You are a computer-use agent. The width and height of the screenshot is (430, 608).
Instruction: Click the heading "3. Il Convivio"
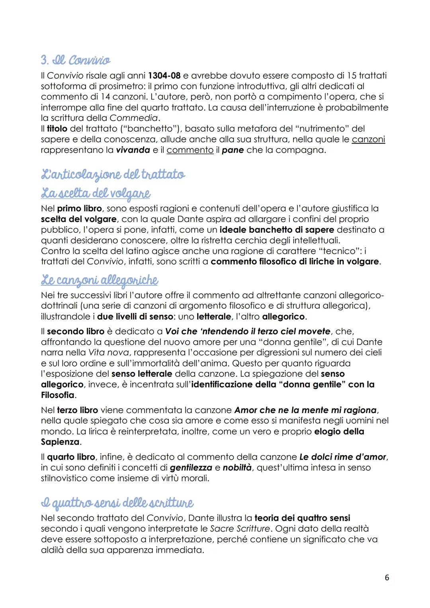click(76, 60)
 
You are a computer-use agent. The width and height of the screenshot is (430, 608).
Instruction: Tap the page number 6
click(387, 577)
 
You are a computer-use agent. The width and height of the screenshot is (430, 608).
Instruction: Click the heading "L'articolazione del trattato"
click(113, 174)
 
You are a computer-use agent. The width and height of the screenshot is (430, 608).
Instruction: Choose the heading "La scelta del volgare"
click(96, 193)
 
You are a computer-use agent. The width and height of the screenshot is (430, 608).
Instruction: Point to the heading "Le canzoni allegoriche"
click(100, 280)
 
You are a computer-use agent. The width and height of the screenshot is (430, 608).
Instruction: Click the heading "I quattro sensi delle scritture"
click(117, 503)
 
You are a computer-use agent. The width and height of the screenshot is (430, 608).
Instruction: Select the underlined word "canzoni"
click(368, 139)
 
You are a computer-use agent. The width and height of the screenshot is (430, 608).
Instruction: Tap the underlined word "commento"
click(190, 150)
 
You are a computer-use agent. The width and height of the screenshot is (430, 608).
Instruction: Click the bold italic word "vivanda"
click(133, 150)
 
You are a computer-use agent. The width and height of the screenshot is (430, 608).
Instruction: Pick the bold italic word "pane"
click(233, 150)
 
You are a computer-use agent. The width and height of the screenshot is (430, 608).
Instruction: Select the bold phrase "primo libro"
click(80, 209)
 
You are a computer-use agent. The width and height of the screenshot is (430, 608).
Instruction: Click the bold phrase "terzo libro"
click(78, 410)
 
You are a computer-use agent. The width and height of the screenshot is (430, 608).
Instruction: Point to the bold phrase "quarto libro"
click(71, 457)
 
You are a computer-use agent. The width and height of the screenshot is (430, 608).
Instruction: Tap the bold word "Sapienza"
click(60, 442)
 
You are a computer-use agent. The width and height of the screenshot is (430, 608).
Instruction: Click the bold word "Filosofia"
click(58, 395)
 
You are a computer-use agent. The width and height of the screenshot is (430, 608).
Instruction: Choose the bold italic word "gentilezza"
click(191, 468)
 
